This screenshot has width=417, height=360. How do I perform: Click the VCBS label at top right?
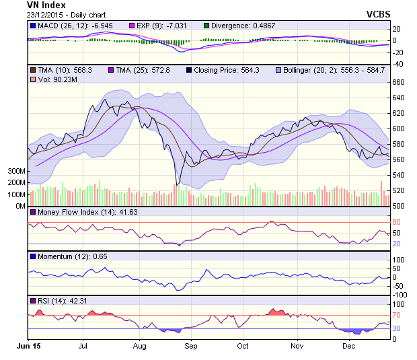click(378, 14)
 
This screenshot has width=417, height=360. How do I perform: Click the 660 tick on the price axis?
click(398, 82)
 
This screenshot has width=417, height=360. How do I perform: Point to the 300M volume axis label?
click(16, 171)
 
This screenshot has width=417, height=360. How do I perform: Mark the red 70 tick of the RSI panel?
click(397, 315)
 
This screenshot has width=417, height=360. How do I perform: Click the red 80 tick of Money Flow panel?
click(397, 222)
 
